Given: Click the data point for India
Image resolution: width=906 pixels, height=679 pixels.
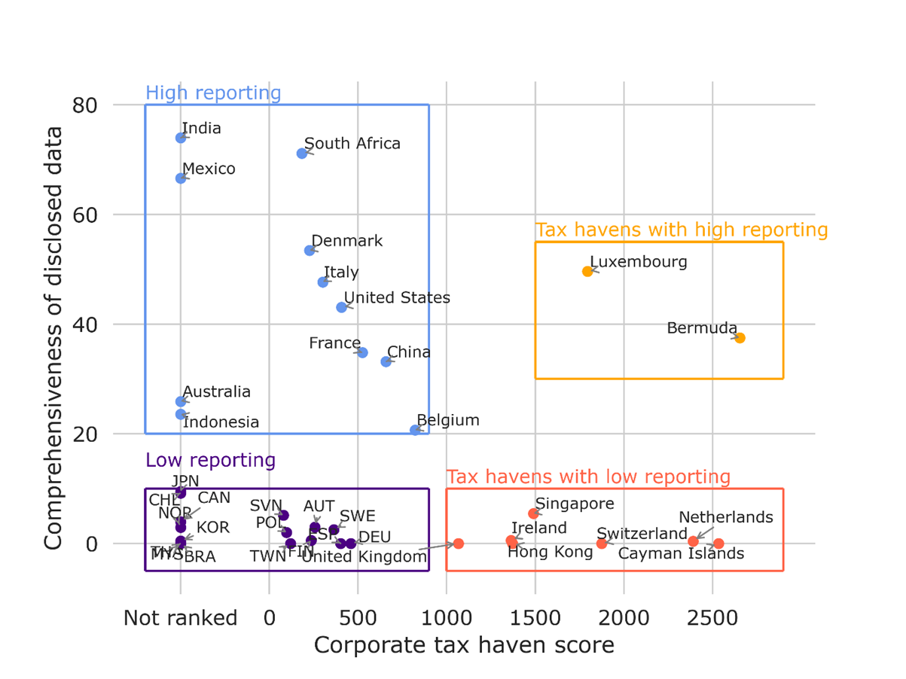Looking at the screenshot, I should (x=181, y=138).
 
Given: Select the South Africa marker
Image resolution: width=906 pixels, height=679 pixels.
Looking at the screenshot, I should (x=302, y=154).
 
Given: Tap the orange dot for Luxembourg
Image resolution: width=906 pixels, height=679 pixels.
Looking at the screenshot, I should (x=587, y=271).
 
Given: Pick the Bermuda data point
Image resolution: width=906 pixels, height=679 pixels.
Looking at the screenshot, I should (x=740, y=338).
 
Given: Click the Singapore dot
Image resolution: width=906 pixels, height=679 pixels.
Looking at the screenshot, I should (x=533, y=513).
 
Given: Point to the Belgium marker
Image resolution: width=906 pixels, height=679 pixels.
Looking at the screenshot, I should (x=415, y=430).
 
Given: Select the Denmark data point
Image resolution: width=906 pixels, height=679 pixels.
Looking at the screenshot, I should (x=310, y=251).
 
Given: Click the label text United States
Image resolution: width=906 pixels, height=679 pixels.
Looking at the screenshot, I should (x=397, y=298).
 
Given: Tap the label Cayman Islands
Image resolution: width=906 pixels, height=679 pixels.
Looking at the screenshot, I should (x=681, y=554).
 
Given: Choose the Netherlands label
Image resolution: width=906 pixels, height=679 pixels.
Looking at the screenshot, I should (x=725, y=517).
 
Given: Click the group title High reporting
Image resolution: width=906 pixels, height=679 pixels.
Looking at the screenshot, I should (x=213, y=93).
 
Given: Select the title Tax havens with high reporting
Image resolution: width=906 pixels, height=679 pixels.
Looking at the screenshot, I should (x=681, y=230).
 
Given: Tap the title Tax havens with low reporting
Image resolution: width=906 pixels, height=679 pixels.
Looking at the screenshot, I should (x=588, y=477).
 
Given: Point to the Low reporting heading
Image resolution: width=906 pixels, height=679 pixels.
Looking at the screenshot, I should (x=210, y=460).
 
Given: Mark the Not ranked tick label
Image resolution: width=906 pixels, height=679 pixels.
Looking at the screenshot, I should (x=180, y=619).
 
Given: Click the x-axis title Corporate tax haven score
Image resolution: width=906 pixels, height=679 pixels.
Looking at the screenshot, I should (x=463, y=645).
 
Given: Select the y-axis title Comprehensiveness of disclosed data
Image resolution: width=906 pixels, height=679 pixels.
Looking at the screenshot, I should (x=53, y=338).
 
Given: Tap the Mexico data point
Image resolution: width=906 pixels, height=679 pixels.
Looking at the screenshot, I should (x=181, y=178).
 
